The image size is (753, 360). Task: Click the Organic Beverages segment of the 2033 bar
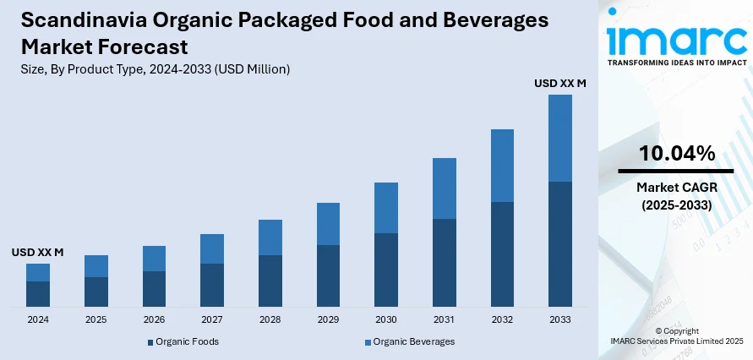560,138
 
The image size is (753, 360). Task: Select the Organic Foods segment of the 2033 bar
560,243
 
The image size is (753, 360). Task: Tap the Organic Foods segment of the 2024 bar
38,293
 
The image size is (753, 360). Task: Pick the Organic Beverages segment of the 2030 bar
386,208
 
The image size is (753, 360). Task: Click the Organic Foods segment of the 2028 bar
270,280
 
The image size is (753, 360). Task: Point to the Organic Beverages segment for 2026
154,259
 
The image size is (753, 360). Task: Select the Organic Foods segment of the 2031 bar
445,262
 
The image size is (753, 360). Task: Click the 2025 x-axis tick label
96,320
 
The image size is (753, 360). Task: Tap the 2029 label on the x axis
328,320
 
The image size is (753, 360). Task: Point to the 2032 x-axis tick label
502,320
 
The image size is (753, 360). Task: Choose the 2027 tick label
212,320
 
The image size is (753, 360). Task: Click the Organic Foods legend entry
183,341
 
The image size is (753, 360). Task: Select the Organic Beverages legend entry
410,341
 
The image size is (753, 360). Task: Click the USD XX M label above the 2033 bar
560,83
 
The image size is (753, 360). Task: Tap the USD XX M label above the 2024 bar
38,252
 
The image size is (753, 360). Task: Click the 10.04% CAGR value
676,153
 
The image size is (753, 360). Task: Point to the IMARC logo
676,41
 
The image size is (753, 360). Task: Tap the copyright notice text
676,335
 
